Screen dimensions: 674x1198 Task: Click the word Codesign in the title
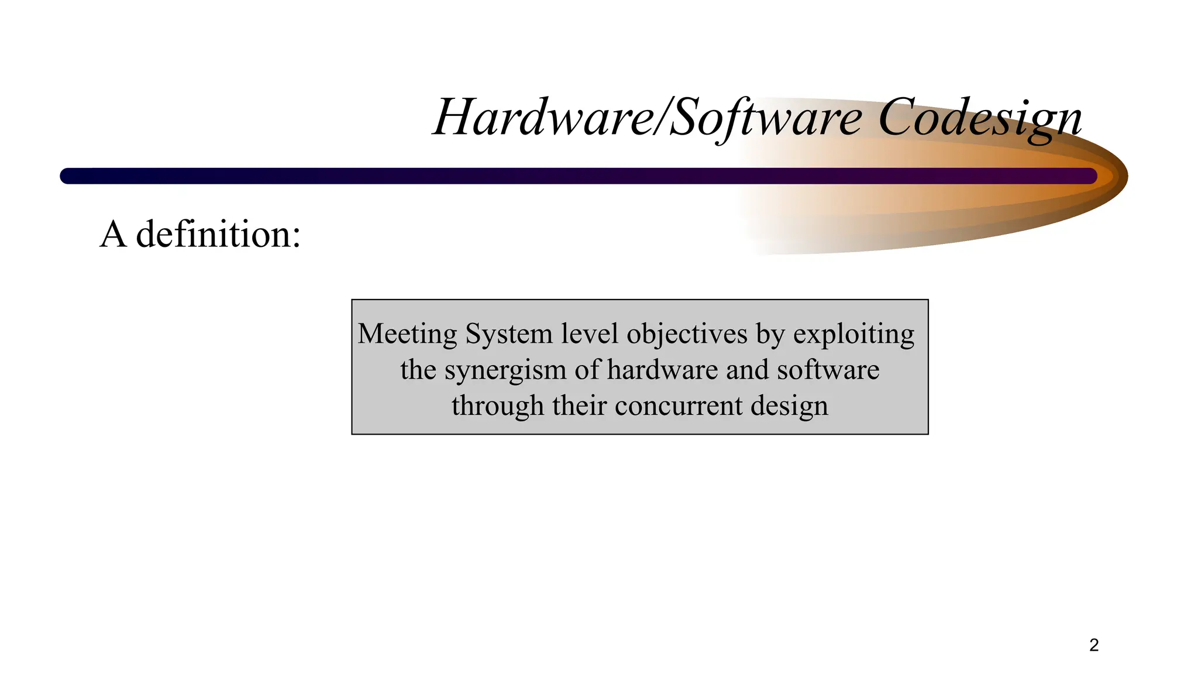980,118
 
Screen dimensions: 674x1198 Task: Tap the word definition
218,235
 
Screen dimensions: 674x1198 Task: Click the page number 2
1094,645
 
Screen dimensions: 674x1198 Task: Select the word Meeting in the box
407,335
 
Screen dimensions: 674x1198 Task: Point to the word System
508,334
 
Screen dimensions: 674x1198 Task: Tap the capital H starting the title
454,118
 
